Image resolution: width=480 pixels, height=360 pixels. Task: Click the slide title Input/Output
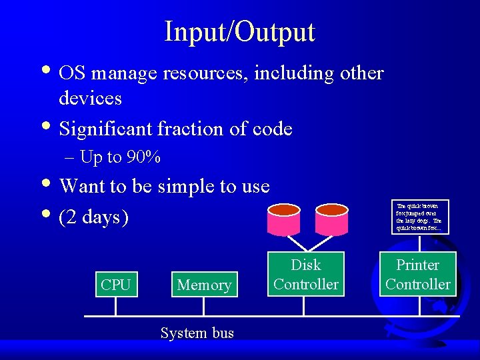coord(239,31)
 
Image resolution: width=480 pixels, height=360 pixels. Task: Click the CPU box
coord(115,285)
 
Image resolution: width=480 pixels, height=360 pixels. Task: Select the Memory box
coord(204,285)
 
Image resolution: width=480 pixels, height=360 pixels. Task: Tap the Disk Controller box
coord(305,274)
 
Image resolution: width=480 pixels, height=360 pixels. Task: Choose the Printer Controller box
coord(418,274)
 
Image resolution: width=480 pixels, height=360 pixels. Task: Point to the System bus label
coord(197,333)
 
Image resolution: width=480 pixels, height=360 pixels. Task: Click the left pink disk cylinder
coord(284,218)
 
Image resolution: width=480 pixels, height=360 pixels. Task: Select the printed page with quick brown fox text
coord(419,217)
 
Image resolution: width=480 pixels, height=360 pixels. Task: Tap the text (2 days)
coord(94,217)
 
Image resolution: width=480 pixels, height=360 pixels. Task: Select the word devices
coord(90,99)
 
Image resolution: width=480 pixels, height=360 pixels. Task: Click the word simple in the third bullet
coord(183,186)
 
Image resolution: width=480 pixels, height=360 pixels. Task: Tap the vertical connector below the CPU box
coord(115,305)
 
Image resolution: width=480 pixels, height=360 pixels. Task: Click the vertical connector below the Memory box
coord(204,305)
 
